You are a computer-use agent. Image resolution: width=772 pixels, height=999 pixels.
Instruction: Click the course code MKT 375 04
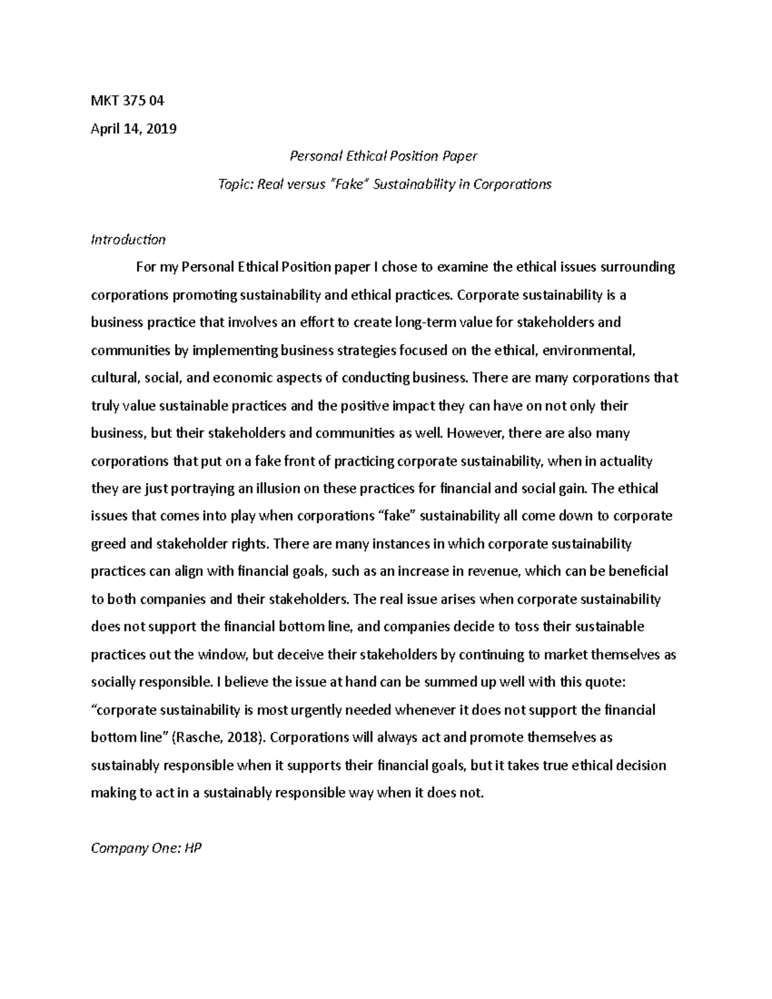coord(127,101)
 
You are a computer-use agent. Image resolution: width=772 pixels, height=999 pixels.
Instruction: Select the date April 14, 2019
coord(133,129)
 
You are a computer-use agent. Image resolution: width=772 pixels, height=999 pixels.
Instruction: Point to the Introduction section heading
coord(128,240)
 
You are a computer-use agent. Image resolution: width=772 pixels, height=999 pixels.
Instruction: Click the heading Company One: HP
coord(146,848)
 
